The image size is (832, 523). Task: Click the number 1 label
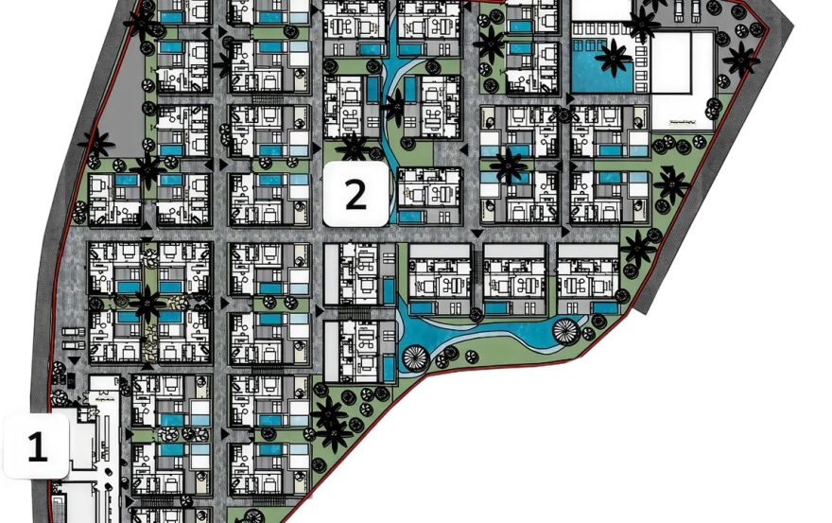(37, 445)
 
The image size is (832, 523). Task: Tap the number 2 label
(355, 194)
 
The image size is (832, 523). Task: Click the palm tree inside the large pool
(614, 59)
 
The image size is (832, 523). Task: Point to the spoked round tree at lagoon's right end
(564, 332)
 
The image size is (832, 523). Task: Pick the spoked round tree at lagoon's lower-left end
(415, 358)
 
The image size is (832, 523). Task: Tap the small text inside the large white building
(690, 122)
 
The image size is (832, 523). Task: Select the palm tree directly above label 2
(355, 147)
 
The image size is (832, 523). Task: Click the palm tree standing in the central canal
(394, 105)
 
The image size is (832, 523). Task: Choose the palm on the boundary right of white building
(740, 59)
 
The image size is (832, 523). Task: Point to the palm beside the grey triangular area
(96, 145)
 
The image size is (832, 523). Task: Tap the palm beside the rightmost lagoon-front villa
(639, 248)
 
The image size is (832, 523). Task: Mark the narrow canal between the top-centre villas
(391, 57)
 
